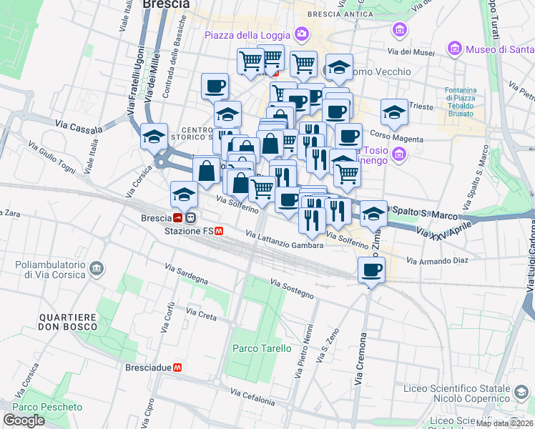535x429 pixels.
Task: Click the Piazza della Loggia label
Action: tap(247, 35)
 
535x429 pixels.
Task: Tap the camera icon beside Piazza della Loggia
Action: tap(302, 34)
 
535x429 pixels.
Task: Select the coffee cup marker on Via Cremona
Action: tap(370, 270)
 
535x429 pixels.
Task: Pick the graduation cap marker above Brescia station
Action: tap(184, 193)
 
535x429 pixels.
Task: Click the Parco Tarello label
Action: tap(262, 348)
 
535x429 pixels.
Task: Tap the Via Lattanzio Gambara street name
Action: tap(285, 240)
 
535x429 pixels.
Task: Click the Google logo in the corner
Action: tap(24, 420)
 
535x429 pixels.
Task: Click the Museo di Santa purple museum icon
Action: tap(453, 49)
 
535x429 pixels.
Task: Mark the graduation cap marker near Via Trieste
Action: tap(393, 112)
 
